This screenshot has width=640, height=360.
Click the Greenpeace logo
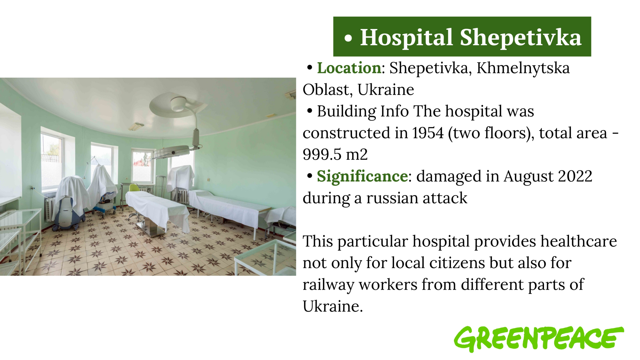pyautogui.click(x=539, y=339)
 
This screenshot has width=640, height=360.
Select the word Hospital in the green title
pyautogui.click(x=406, y=37)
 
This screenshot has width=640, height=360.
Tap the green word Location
pyautogui.click(x=349, y=68)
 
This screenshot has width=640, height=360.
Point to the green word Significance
pyautogui.click(x=362, y=176)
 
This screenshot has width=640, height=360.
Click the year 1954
pyautogui.click(x=428, y=133)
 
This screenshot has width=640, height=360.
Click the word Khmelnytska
pyautogui.click(x=523, y=68)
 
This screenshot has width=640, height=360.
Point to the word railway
pyautogui.click(x=328, y=285)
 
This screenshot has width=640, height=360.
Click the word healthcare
pyautogui.click(x=579, y=241)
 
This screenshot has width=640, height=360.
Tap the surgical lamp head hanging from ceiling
pyautogui.click(x=172, y=153)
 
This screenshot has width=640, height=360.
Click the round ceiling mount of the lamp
pyautogui.click(x=179, y=104)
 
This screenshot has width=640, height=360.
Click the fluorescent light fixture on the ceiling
pyautogui.click(x=136, y=127)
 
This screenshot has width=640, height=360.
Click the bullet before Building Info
pyautogui.click(x=310, y=111)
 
